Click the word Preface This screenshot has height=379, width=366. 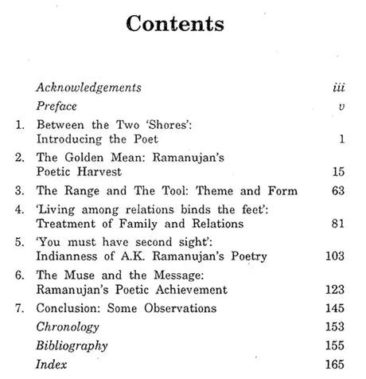(x=58, y=106)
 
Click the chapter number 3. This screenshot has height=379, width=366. (x=18, y=191)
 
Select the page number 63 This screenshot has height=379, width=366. (x=336, y=191)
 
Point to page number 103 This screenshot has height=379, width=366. (x=333, y=256)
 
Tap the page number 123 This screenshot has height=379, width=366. (x=333, y=289)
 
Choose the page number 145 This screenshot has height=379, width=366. (x=333, y=308)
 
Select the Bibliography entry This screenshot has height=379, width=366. (x=72, y=346)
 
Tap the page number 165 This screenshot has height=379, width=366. (x=333, y=365)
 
